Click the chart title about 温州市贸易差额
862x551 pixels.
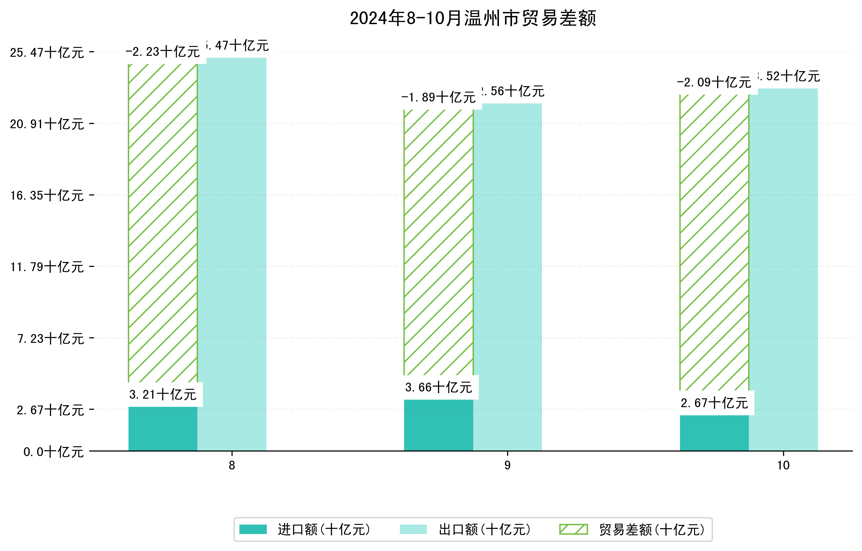(473, 18)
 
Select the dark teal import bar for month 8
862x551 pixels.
(162, 429)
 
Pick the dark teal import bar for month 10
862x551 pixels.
(714, 433)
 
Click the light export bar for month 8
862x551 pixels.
(232, 251)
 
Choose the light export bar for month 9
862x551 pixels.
(507, 276)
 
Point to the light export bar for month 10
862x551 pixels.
(783, 268)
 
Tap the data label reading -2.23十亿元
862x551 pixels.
(162, 52)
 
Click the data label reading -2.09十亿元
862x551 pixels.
(714, 82)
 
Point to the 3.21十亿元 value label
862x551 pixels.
(162, 394)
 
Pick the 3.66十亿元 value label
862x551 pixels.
(439, 387)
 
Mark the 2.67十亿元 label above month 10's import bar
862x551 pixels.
(714, 403)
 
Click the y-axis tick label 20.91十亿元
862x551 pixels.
(47, 124)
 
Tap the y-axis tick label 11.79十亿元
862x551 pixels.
(47, 267)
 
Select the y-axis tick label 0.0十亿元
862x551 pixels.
(53, 452)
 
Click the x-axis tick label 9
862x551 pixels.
(507, 466)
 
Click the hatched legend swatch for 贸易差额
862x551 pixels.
(573, 529)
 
